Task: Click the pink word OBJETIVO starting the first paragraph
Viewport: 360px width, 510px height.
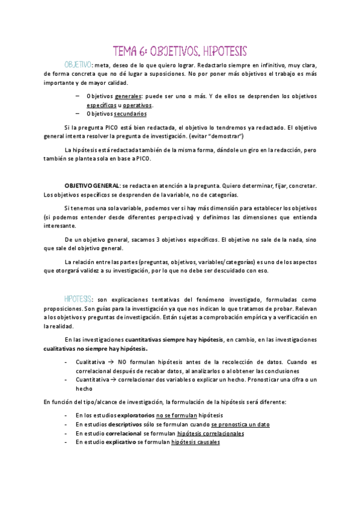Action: tap(78, 64)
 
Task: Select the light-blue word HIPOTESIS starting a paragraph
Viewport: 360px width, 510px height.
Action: tap(78, 300)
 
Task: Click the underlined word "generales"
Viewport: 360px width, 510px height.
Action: tap(129, 96)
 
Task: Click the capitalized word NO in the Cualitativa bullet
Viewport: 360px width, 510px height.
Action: tap(123, 362)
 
